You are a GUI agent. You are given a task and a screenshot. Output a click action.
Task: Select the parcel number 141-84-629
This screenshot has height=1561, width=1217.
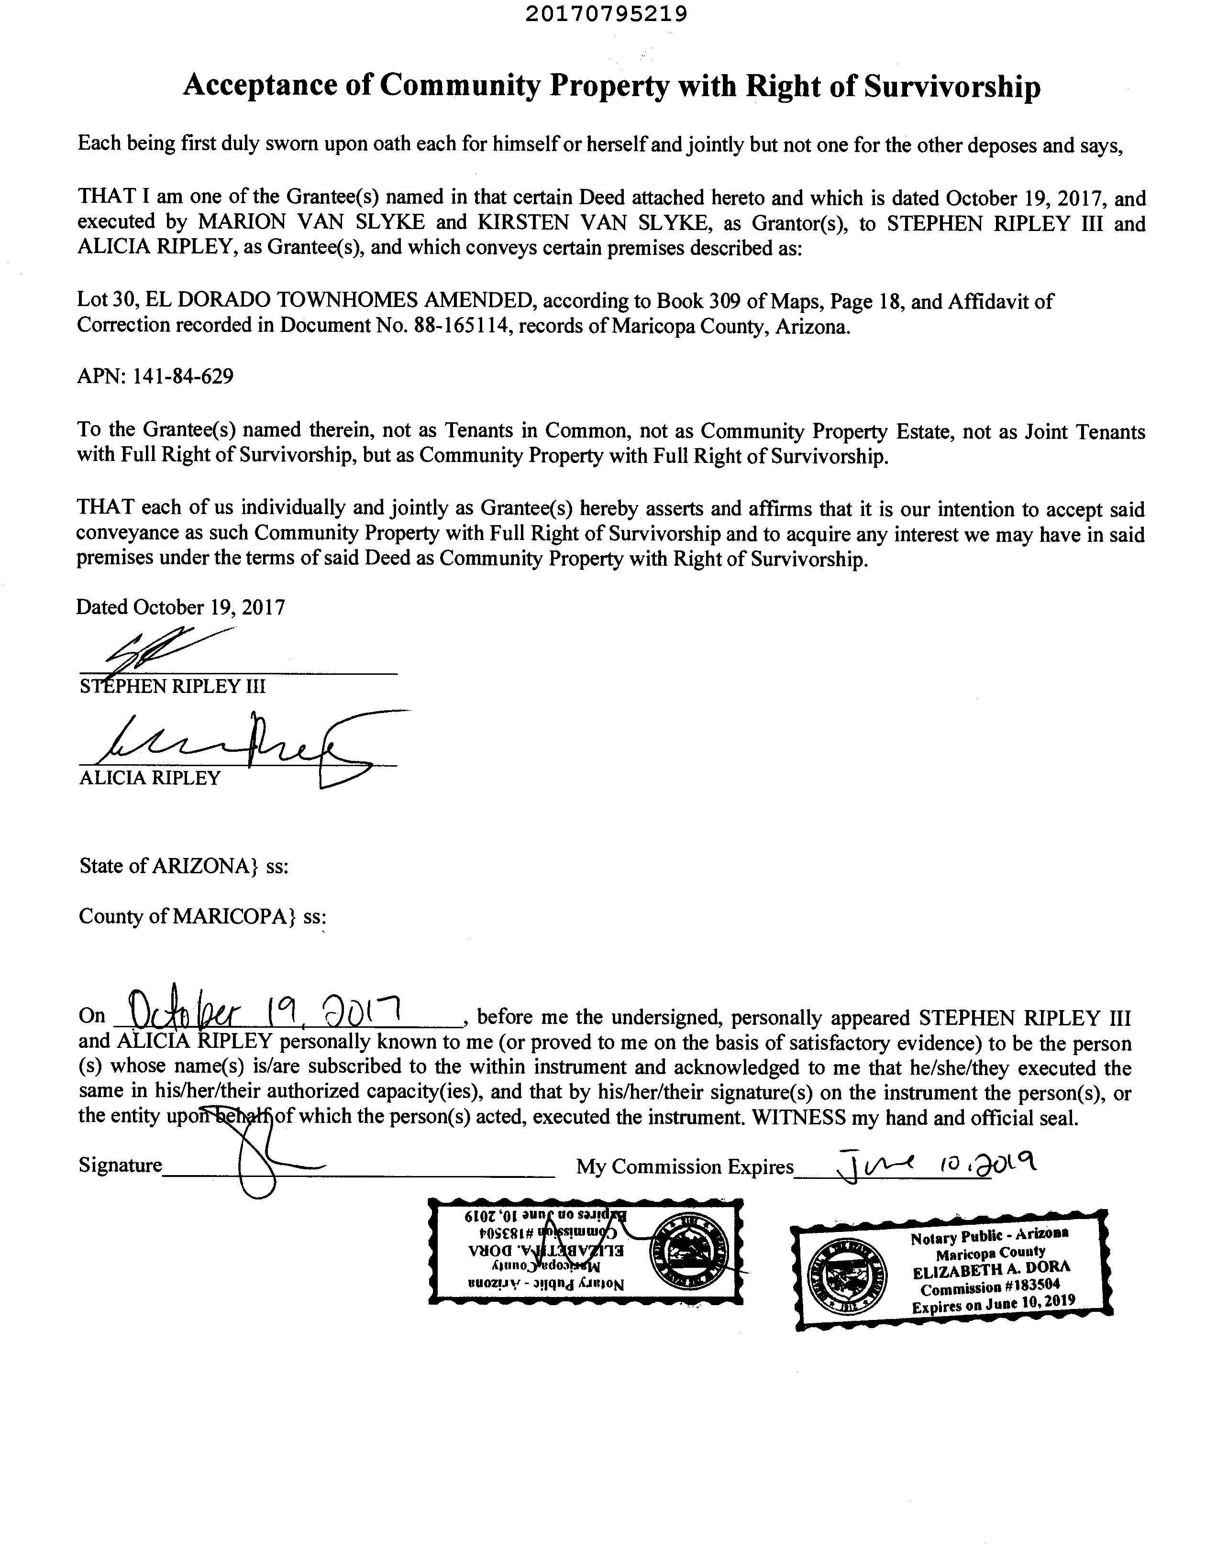pyautogui.click(x=183, y=377)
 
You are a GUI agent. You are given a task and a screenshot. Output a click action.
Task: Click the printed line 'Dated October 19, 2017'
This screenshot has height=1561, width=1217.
pyautogui.click(x=181, y=607)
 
